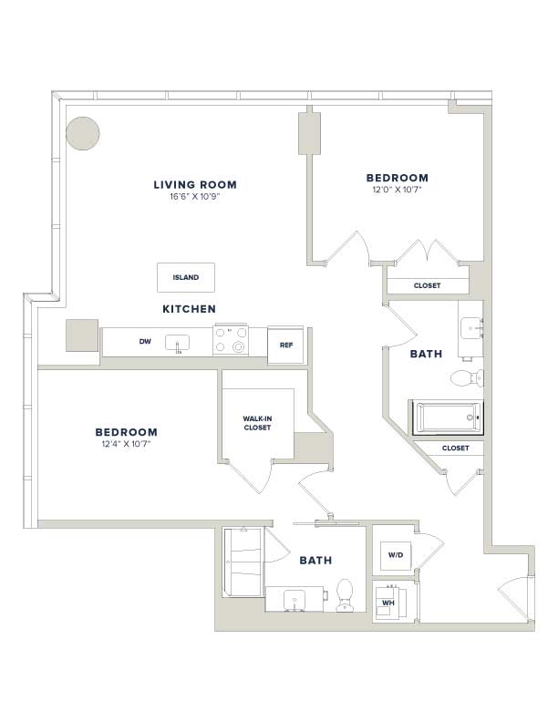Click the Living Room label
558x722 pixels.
195,185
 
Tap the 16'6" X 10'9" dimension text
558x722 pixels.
195,197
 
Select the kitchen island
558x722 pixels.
186,277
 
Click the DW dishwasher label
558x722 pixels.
145,341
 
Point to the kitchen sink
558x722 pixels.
177,343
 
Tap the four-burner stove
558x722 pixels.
231,340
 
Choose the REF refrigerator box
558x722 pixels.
285,345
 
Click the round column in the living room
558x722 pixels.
83,133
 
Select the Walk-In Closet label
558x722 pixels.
257,423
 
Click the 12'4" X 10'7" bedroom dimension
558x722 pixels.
127,444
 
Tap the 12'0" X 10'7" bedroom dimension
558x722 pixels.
398,190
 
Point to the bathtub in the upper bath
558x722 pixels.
449,418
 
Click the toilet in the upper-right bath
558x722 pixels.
467,378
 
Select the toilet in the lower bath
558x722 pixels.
345,595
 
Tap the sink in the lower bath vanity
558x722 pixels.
293,599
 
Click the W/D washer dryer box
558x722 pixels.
396,555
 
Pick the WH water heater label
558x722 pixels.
388,603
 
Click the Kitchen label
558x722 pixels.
190,309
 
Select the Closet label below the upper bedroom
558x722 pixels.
428,285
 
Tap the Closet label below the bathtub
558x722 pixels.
455,448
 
